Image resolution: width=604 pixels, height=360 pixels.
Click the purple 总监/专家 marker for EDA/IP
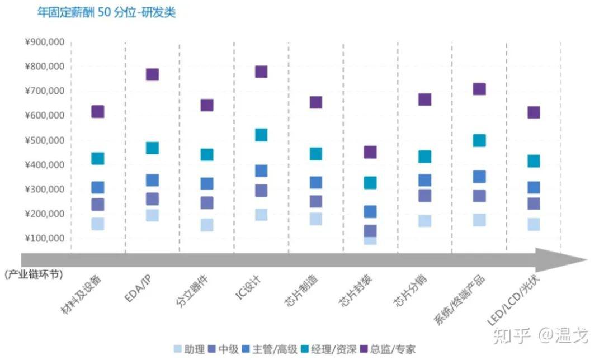click(x=152, y=74)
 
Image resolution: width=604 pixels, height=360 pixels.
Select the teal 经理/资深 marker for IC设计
click(x=261, y=135)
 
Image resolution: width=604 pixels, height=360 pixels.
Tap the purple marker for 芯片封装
click(x=370, y=152)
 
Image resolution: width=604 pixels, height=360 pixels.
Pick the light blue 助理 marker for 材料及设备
click(x=98, y=224)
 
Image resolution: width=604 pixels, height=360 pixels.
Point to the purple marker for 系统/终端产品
click(x=479, y=89)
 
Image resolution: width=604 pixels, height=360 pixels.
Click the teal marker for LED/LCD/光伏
click(x=534, y=161)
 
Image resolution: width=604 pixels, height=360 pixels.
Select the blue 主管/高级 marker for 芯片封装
click(x=370, y=211)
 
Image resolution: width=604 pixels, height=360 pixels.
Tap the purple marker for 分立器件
click(x=207, y=105)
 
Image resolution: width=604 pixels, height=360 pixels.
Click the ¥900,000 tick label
click(x=45, y=42)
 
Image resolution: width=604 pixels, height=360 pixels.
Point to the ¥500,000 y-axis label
click(x=45, y=140)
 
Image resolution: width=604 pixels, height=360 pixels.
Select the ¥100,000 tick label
click(x=45, y=239)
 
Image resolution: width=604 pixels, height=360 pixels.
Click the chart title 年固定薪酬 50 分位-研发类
click(x=106, y=12)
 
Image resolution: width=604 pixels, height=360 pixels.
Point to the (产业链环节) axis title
click(x=33, y=274)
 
